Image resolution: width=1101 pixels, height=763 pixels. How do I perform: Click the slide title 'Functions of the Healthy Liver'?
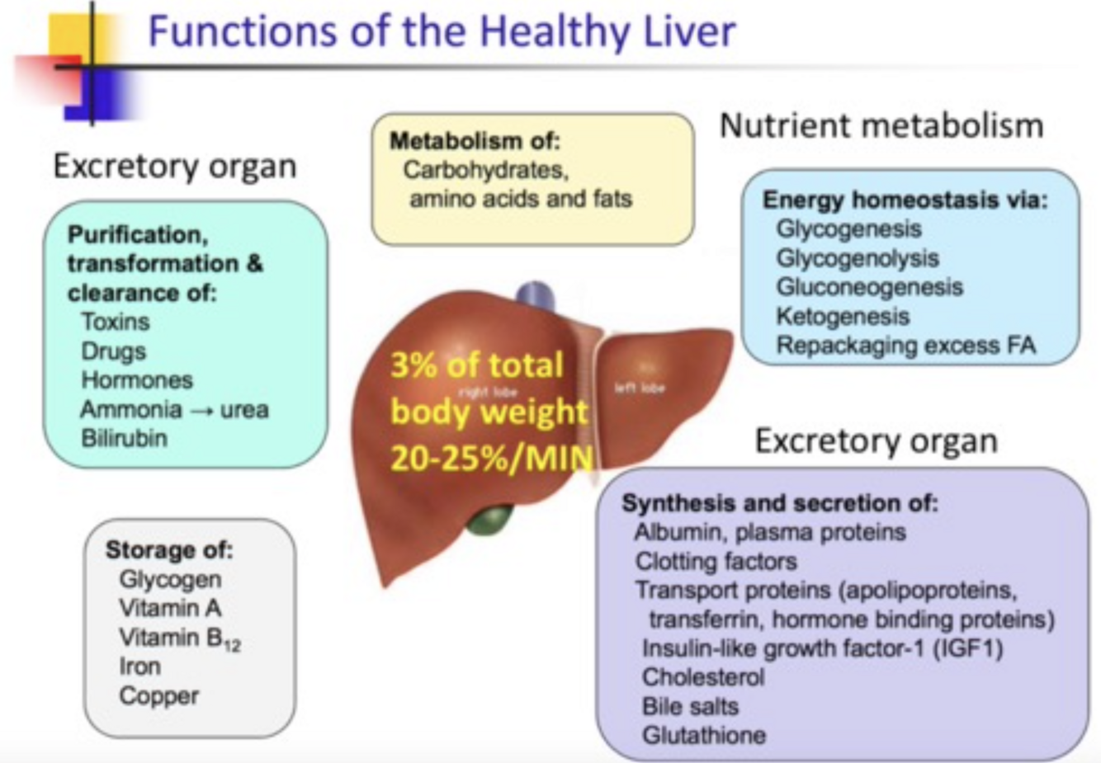click(441, 31)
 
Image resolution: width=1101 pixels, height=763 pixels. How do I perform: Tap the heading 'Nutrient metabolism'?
click(881, 125)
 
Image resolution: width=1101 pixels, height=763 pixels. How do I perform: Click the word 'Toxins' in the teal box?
click(115, 322)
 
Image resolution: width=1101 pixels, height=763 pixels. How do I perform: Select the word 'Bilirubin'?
click(124, 438)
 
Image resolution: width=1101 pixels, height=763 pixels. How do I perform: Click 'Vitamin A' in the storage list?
click(170, 608)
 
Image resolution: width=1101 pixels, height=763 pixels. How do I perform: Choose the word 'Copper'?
click(158, 695)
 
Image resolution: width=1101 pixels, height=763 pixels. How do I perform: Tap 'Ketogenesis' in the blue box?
click(842, 316)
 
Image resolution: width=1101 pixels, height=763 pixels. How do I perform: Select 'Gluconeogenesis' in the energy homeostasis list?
click(869, 287)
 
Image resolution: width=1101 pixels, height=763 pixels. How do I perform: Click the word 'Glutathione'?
click(703, 735)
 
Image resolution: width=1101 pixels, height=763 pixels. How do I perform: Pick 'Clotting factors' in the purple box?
click(716, 562)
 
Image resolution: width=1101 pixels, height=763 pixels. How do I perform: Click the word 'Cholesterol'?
click(703, 677)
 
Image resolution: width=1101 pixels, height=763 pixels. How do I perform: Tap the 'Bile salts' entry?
click(690, 706)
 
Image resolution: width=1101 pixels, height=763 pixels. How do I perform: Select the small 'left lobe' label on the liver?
click(640, 388)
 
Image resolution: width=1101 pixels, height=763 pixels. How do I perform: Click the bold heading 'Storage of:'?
click(169, 549)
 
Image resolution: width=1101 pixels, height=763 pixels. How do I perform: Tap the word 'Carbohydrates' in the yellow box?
click(485, 170)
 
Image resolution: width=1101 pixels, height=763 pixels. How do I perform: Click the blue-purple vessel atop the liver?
click(535, 295)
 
